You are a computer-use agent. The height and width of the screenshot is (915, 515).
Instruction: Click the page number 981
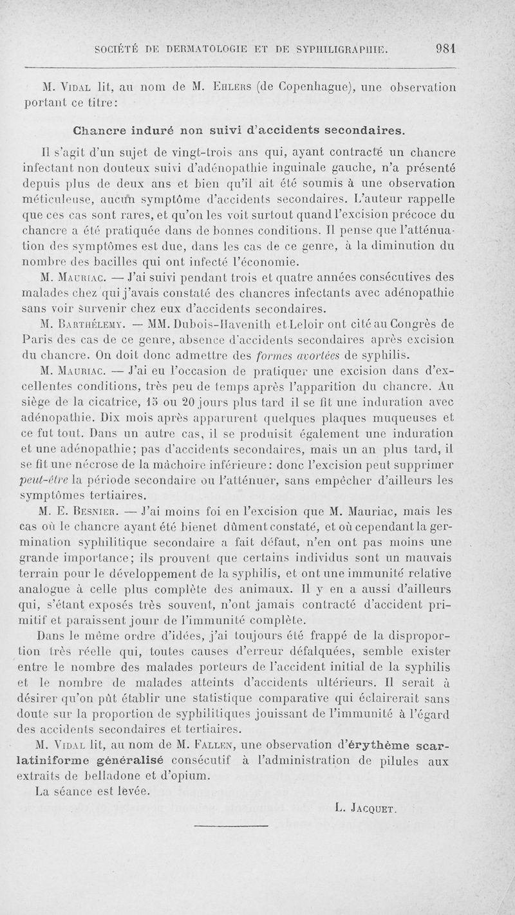pos(445,48)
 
